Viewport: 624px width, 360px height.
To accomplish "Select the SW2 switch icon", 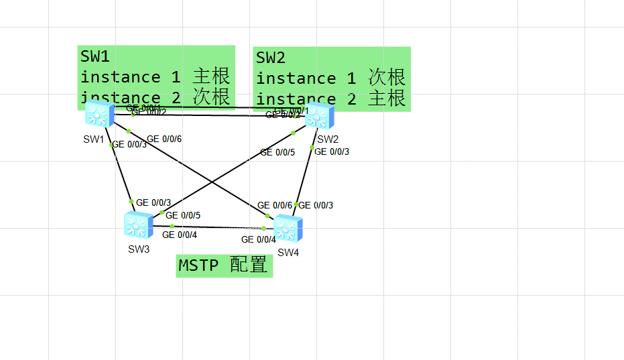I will (320, 117).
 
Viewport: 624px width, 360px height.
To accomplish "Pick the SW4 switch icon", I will (288, 229).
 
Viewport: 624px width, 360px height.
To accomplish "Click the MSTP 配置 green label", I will (224, 265).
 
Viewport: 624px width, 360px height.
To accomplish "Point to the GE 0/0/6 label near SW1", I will (164, 139).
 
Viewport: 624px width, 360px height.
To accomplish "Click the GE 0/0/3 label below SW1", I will (129, 144).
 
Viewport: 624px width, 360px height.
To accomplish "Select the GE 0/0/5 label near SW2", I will (277, 152).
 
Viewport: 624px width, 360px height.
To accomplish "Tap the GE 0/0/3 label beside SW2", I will (332, 152).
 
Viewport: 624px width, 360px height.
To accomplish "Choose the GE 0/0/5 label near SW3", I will (183, 215).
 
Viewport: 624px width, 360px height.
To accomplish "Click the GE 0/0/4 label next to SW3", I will (180, 235).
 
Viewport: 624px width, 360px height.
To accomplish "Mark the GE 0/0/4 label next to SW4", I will (258, 239).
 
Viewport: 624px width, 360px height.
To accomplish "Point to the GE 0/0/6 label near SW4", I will (275, 205).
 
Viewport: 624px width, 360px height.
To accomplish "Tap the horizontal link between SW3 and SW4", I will (214, 227).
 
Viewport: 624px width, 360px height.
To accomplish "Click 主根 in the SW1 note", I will (212, 76).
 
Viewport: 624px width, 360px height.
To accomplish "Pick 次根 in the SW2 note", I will (387, 77).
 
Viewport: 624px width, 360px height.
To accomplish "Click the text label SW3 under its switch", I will (139, 249).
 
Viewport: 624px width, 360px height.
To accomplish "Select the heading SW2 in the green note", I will (271, 58).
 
